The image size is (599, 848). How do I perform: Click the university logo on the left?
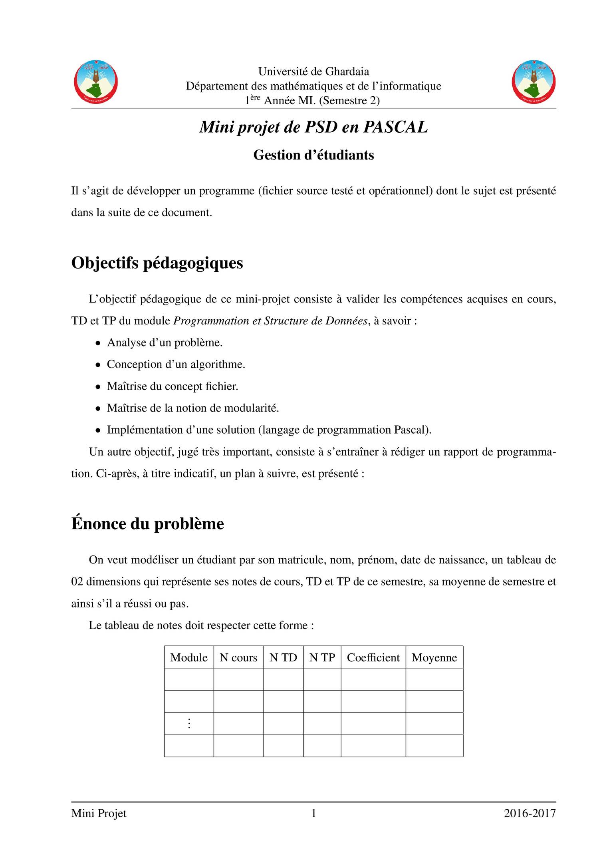tap(96, 82)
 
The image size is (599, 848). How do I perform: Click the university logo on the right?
tap(534, 82)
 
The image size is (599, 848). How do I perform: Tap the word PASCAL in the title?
tap(395, 127)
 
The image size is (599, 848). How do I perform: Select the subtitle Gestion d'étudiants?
tap(313, 155)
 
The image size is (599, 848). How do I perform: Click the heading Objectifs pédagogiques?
tap(157, 263)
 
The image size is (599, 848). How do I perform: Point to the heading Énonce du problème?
tap(147, 524)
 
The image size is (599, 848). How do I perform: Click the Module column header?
tap(189, 657)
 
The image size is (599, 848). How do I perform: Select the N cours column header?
tap(238, 657)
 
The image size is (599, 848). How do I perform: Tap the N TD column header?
tap(283, 657)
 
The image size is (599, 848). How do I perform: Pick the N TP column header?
tap(322, 657)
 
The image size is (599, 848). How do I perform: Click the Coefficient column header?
tap(373, 657)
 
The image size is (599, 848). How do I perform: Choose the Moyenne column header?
tap(434, 657)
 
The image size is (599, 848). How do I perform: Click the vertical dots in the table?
tap(189, 723)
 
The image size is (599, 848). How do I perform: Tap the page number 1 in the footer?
tap(313, 813)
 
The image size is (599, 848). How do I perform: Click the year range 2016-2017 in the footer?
tap(530, 813)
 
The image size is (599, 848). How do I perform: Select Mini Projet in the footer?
tap(99, 813)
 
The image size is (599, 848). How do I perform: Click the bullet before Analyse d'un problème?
tap(97, 343)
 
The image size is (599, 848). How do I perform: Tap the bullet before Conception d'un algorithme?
tap(97, 365)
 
